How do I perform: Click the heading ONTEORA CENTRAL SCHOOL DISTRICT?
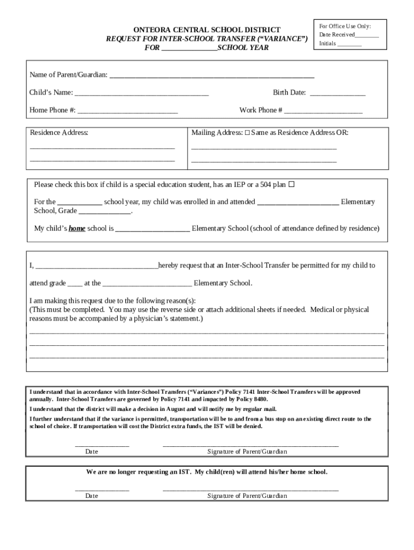pos(207,30)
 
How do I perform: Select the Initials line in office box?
pos(349,45)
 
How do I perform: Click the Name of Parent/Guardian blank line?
pos(212,76)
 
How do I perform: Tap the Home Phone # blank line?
pos(127,112)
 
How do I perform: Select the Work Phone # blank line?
pos(323,112)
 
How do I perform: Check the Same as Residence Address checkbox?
pos(247,132)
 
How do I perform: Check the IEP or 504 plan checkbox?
pos(291,185)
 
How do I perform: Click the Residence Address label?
pos(59,132)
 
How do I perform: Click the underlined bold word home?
pos(77,228)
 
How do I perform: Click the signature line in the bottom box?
pos(251,489)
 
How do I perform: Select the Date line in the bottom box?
pos(102,489)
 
